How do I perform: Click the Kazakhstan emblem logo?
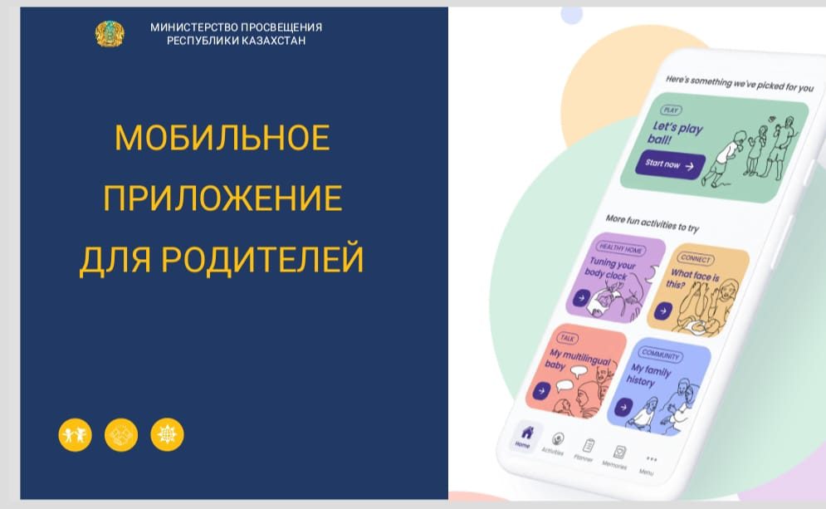110,34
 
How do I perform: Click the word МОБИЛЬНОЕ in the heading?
222,138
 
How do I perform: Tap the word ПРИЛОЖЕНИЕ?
222,198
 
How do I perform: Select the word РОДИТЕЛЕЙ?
262,259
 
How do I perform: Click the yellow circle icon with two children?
75,435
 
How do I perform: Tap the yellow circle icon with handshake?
121,435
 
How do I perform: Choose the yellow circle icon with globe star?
167,435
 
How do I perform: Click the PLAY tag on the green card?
671,110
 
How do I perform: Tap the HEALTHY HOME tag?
621,248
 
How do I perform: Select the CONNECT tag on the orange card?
696,258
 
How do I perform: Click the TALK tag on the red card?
567,338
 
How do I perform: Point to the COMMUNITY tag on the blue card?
661,355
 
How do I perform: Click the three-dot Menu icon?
652,459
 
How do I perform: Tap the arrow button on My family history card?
623,407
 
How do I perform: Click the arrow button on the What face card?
663,311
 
